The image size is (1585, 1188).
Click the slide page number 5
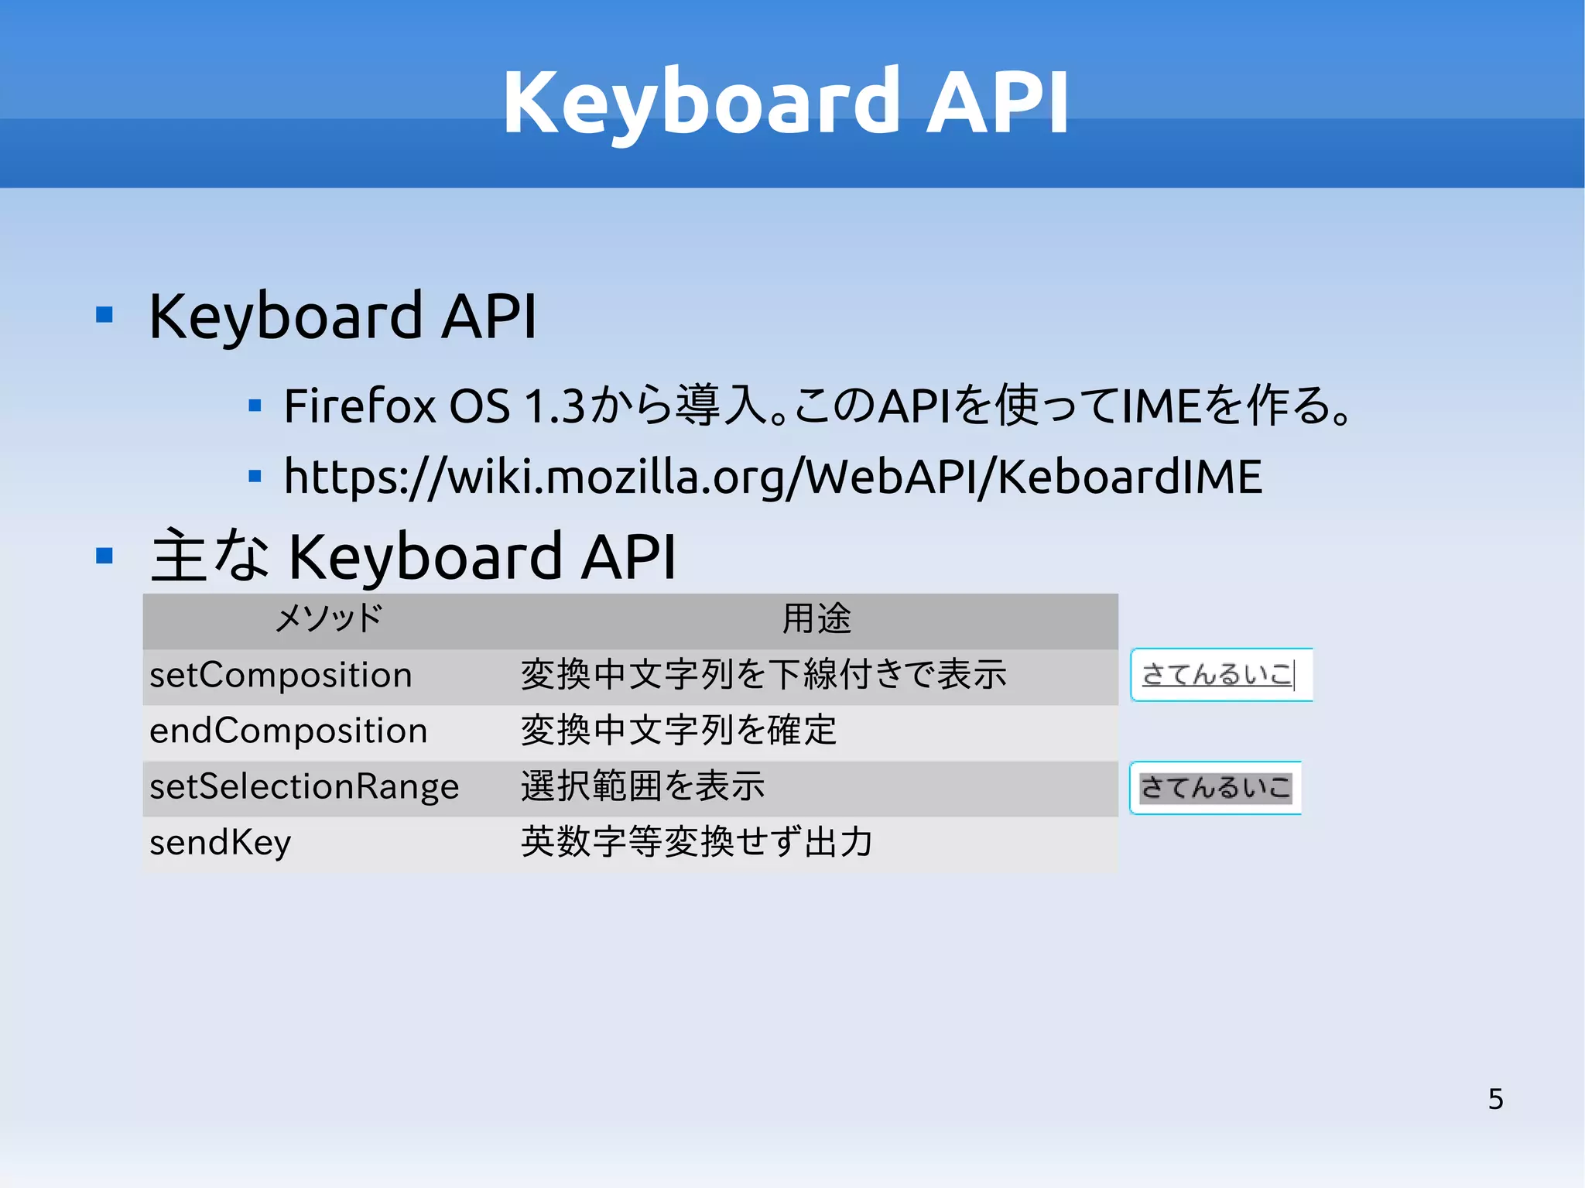tap(1495, 1098)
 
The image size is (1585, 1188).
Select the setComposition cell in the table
tap(281, 675)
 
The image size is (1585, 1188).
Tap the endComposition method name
tap(289, 731)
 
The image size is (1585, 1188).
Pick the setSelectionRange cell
tap(304, 786)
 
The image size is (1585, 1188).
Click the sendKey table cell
tap(221, 842)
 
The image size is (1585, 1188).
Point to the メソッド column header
tap(329, 618)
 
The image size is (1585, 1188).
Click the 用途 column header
tap(816, 618)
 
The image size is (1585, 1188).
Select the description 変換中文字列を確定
tap(679, 731)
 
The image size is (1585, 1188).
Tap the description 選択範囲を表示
tap(642, 786)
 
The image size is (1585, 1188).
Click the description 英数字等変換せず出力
tap(697, 842)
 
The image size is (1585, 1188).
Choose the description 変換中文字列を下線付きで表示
tap(764, 675)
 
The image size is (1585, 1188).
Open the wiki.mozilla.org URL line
tap(772, 476)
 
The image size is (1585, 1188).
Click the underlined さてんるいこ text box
tap(1220, 675)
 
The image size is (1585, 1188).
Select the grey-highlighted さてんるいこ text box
tap(1215, 788)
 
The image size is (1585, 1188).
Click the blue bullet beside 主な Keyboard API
tap(104, 555)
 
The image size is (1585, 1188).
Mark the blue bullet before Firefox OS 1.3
tap(255, 405)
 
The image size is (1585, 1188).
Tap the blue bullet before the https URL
tap(255, 476)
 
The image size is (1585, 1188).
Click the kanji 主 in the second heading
tap(179, 555)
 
